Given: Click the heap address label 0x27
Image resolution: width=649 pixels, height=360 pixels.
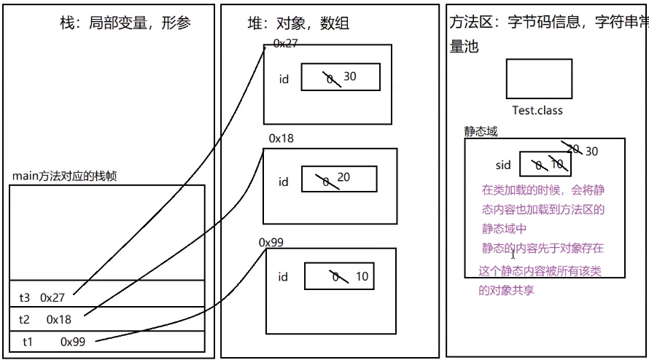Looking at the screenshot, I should click(x=285, y=44).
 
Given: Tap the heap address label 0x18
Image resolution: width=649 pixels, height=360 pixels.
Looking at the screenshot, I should click(x=281, y=138).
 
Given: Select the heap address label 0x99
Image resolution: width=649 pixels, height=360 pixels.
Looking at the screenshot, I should click(x=271, y=242).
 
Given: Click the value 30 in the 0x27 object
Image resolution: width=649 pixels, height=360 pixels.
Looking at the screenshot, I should click(x=350, y=76).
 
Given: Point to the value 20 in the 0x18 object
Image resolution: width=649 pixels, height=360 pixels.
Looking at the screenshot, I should click(x=343, y=178).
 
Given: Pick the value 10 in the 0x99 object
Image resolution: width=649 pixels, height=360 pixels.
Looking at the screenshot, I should click(x=362, y=277).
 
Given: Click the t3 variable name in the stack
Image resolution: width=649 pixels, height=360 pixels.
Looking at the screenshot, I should click(x=25, y=297).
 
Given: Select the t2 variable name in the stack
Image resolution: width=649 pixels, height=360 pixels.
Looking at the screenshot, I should click(x=25, y=319).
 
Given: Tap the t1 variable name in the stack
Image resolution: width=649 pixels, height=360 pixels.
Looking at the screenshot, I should click(x=28, y=341).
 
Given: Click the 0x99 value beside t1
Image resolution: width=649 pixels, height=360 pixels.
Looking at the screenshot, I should click(x=73, y=341).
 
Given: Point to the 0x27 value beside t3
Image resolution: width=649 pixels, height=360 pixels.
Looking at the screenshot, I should click(x=53, y=297).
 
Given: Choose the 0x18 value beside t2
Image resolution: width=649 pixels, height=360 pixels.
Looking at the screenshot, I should click(x=58, y=319).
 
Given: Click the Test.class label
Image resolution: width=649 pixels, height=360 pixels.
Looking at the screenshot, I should click(x=537, y=110).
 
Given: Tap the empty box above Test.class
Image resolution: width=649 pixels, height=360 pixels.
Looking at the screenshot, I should click(x=539, y=79).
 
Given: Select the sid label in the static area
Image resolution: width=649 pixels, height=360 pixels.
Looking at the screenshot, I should click(x=503, y=165).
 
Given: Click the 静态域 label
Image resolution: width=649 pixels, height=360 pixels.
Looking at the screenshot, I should click(x=481, y=132).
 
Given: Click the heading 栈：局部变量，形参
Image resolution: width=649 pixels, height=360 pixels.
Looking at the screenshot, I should click(x=125, y=23).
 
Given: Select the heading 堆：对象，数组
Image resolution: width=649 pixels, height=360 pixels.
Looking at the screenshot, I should click(x=298, y=23).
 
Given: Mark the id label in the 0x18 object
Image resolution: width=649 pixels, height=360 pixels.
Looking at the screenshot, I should click(x=284, y=182).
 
